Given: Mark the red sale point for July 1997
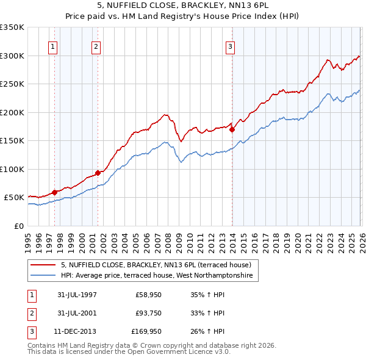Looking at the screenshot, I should (x=55, y=192).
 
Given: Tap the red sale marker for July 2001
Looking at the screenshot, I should (x=98, y=173).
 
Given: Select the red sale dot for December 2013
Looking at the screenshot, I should (x=232, y=129).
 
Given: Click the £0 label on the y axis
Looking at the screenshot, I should (x=18, y=226).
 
